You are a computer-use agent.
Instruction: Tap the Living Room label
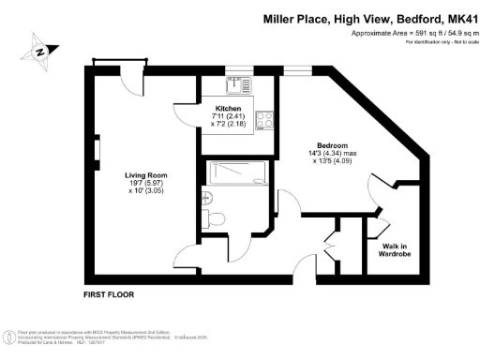(146, 174)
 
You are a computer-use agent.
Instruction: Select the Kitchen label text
(227, 110)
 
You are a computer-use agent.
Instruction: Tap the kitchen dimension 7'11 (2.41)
(227, 117)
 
